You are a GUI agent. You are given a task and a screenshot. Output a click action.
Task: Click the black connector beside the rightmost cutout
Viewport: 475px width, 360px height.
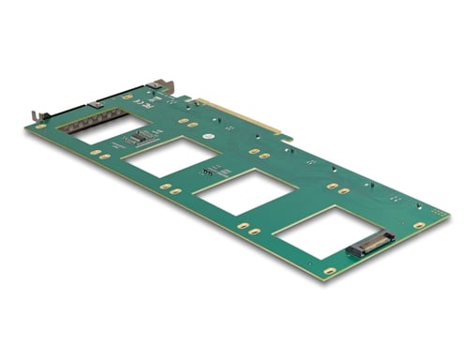click(368, 249)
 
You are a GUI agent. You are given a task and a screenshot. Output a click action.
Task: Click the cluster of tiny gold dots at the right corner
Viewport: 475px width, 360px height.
click(438, 215)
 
